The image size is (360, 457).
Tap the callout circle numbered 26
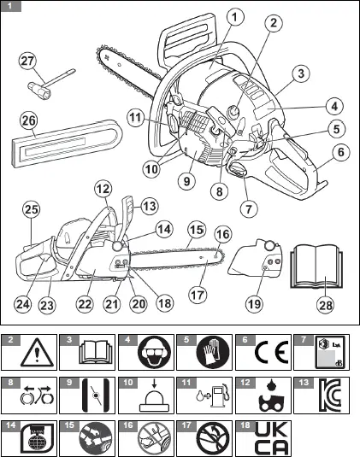point(28,121)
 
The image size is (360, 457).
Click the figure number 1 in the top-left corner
point(9,7)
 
